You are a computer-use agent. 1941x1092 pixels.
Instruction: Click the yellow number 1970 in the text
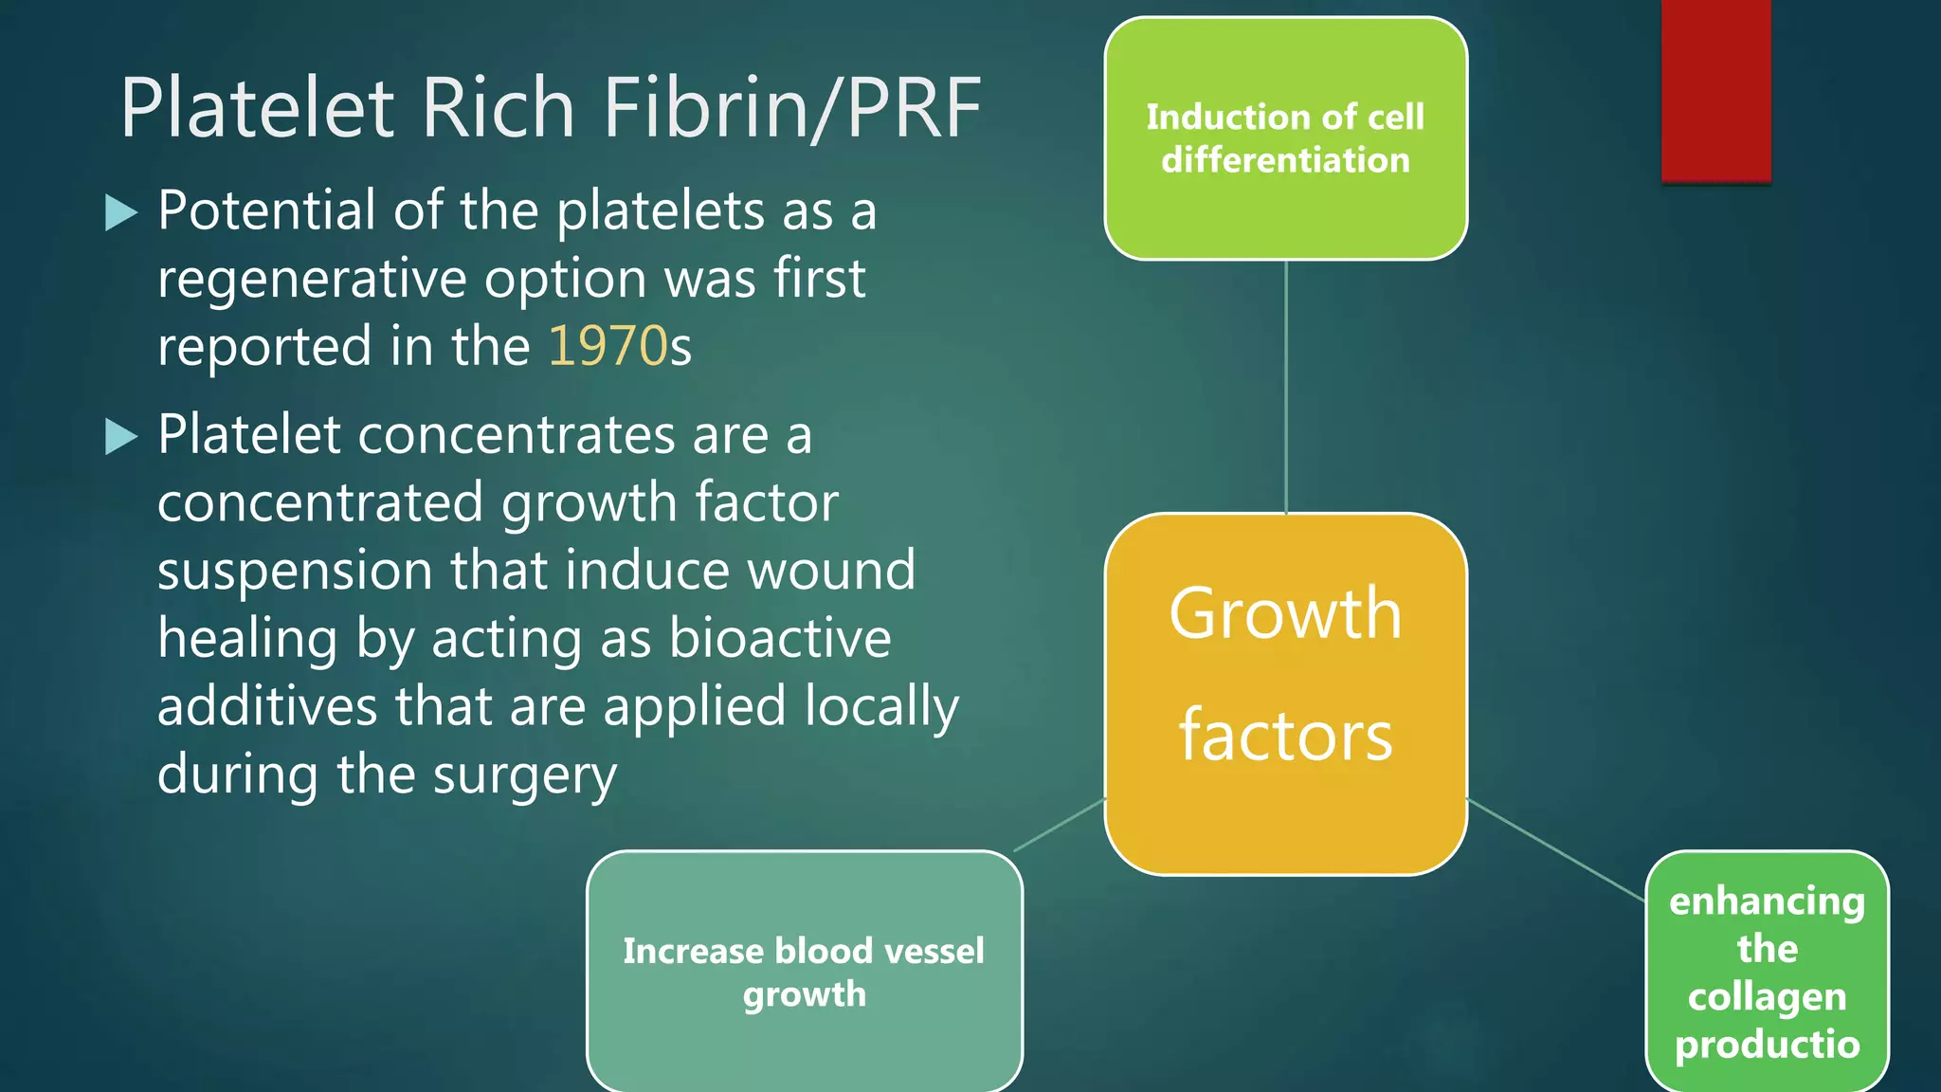coord(608,346)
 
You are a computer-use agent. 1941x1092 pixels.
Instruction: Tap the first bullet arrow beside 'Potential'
coord(121,212)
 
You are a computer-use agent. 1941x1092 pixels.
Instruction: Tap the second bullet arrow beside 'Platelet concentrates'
coord(121,436)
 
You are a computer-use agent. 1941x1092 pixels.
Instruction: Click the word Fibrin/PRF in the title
coord(792,108)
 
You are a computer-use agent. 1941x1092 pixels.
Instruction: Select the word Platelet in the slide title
coord(257,108)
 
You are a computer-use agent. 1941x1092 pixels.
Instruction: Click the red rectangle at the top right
coord(1715,90)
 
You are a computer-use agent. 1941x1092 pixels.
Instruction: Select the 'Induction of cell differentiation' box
coord(1285,138)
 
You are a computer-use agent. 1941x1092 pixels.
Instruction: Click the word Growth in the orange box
coord(1285,614)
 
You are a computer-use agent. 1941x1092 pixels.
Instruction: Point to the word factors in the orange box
coord(1285,736)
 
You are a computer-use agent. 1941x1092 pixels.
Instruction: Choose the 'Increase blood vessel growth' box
coord(804,972)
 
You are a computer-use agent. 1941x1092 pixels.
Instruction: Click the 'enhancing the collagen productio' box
coord(1767,972)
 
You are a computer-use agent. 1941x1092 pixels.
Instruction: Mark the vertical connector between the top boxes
coord(1286,387)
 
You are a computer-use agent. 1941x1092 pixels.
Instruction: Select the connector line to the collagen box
coord(1555,849)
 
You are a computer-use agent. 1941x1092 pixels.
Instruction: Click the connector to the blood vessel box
coord(1060,825)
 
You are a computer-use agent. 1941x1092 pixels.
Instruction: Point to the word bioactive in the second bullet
coord(780,639)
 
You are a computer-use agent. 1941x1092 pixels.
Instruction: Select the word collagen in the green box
coord(1767,996)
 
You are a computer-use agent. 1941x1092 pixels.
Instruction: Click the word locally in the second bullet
coord(881,707)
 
